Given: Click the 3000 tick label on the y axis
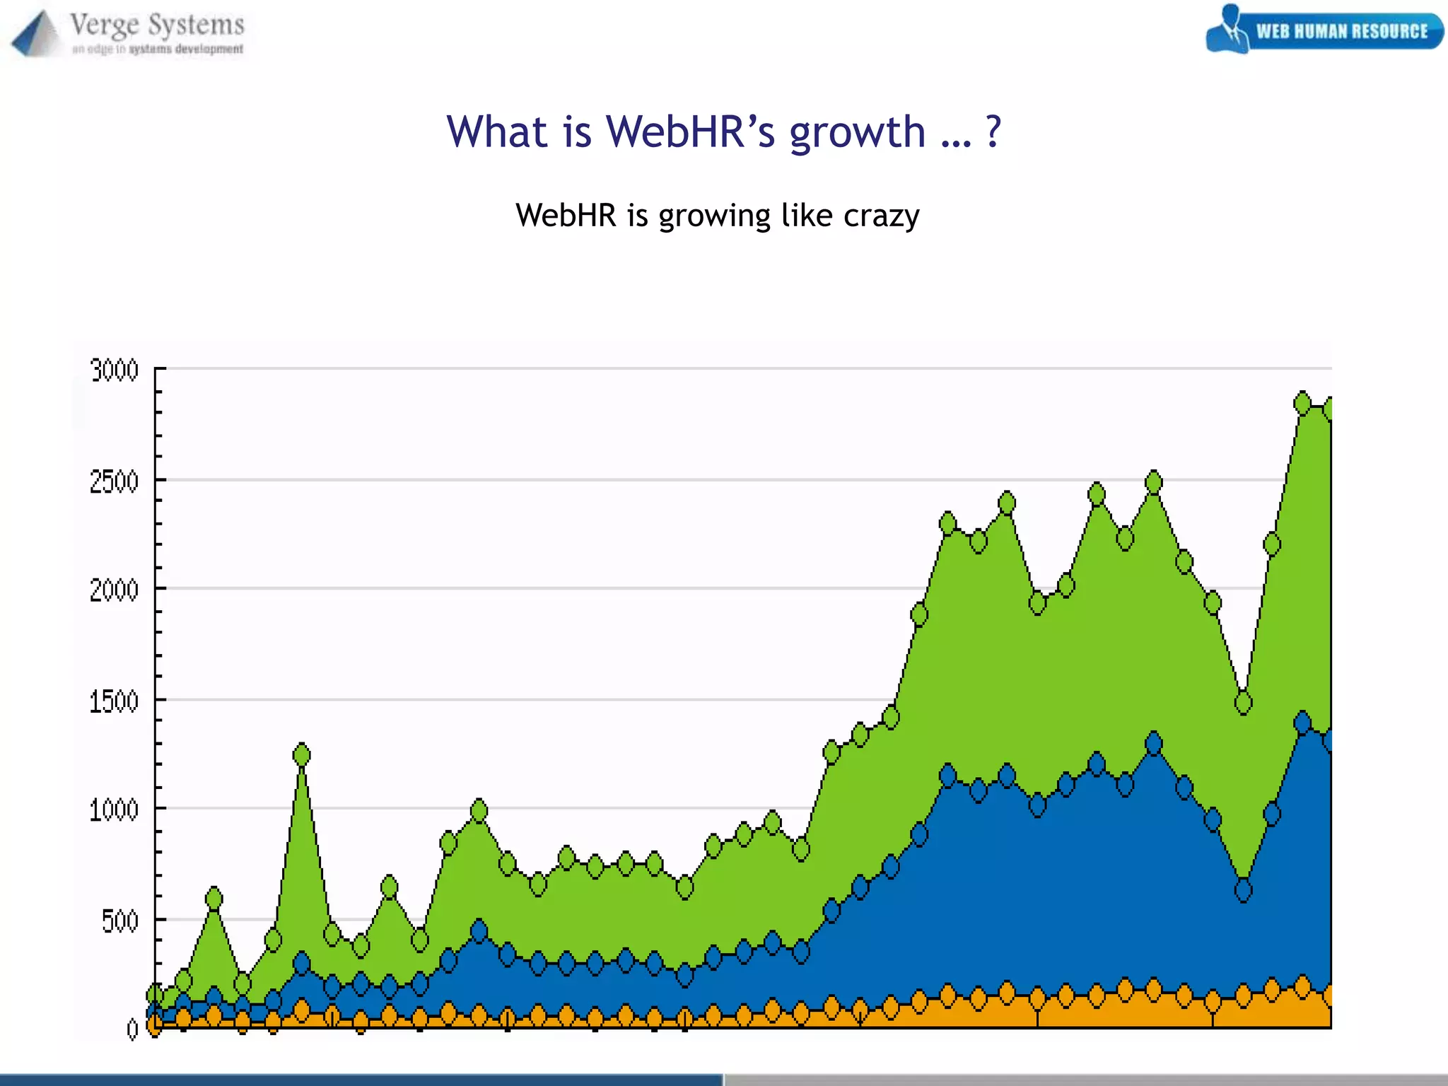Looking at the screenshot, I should (x=114, y=370).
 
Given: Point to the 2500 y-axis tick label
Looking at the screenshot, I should (x=114, y=482).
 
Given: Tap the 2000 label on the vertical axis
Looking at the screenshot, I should (x=114, y=590).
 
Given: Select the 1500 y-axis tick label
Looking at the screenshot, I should (x=114, y=702).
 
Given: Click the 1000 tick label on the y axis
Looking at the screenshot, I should (x=114, y=810).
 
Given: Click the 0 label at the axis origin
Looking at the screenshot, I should (x=132, y=1029).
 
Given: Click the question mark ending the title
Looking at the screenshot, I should (x=993, y=132).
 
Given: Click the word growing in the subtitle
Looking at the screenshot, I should (x=714, y=216).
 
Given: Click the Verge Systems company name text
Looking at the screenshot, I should (x=157, y=25).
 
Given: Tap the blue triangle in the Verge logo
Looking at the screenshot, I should (x=34, y=34).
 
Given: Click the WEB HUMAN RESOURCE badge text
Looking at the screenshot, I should (x=1341, y=32).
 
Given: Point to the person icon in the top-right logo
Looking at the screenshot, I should (x=1230, y=28).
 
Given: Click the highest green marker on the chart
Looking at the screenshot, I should (x=1302, y=403).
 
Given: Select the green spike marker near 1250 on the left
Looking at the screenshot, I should (x=302, y=755).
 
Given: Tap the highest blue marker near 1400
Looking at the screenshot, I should (x=1302, y=723).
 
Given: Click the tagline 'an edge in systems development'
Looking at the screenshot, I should (x=158, y=49).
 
